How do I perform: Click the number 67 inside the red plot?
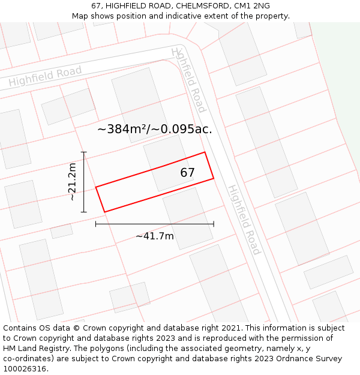[x=188, y=173]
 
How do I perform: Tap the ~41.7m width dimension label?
[x=155, y=236]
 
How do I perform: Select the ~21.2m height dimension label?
[x=72, y=181]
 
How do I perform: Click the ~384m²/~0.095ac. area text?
[x=155, y=129]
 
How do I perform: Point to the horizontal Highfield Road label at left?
[x=45, y=76]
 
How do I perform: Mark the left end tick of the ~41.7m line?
[x=96, y=224]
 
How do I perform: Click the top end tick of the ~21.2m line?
[x=84, y=152]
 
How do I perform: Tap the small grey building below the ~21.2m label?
[x=61, y=231]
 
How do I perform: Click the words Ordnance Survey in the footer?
[x=311, y=359]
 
